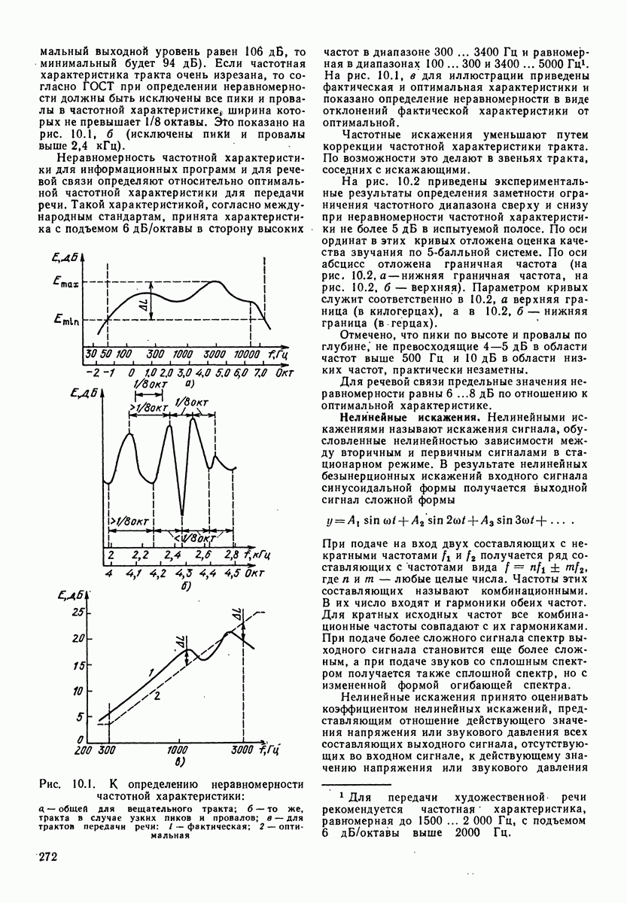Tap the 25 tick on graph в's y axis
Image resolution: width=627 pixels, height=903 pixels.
point(79,612)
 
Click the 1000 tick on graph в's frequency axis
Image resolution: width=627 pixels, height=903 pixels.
point(178,750)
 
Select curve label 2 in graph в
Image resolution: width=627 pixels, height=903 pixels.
point(158,696)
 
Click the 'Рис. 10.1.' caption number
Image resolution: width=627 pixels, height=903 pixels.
point(63,784)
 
